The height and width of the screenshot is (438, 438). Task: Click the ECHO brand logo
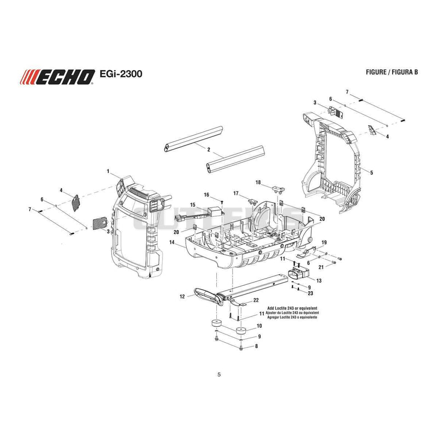click(x=57, y=77)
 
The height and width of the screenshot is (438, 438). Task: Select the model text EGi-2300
click(x=120, y=74)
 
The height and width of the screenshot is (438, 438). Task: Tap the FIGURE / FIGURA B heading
click(x=392, y=72)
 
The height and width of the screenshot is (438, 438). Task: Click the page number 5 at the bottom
click(x=219, y=374)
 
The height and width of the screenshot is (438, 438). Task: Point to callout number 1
click(x=108, y=171)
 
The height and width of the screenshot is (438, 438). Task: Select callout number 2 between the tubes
click(x=209, y=150)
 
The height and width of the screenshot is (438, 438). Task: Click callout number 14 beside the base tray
click(x=171, y=242)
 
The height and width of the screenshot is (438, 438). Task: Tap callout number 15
click(x=193, y=205)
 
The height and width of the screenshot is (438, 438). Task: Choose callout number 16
click(x=206, y=195)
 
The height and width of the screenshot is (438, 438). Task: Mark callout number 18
click(x=258, y=182)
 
